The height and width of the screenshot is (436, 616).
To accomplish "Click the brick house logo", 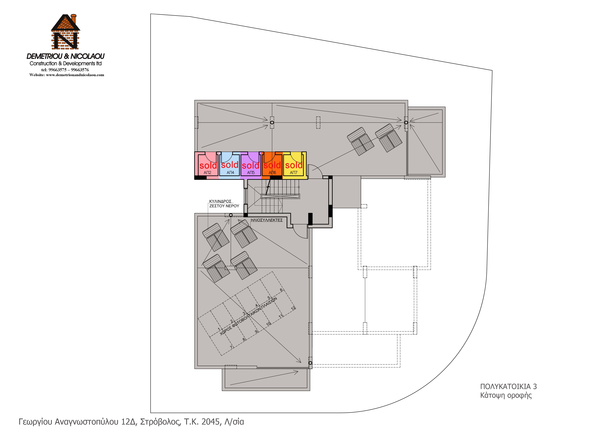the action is click(x=65, y=32).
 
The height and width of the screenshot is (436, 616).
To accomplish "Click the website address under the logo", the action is click(x=67, y=75).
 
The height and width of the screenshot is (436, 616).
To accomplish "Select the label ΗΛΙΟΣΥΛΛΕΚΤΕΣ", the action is click(x=267, y=220).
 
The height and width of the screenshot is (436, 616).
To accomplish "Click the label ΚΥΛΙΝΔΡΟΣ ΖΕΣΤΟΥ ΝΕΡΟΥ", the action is click(x=224, y=203).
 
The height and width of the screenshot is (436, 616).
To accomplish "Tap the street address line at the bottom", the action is click(x=131, y=422).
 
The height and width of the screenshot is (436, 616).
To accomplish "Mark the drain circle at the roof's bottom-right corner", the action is click(x=310, y=363).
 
